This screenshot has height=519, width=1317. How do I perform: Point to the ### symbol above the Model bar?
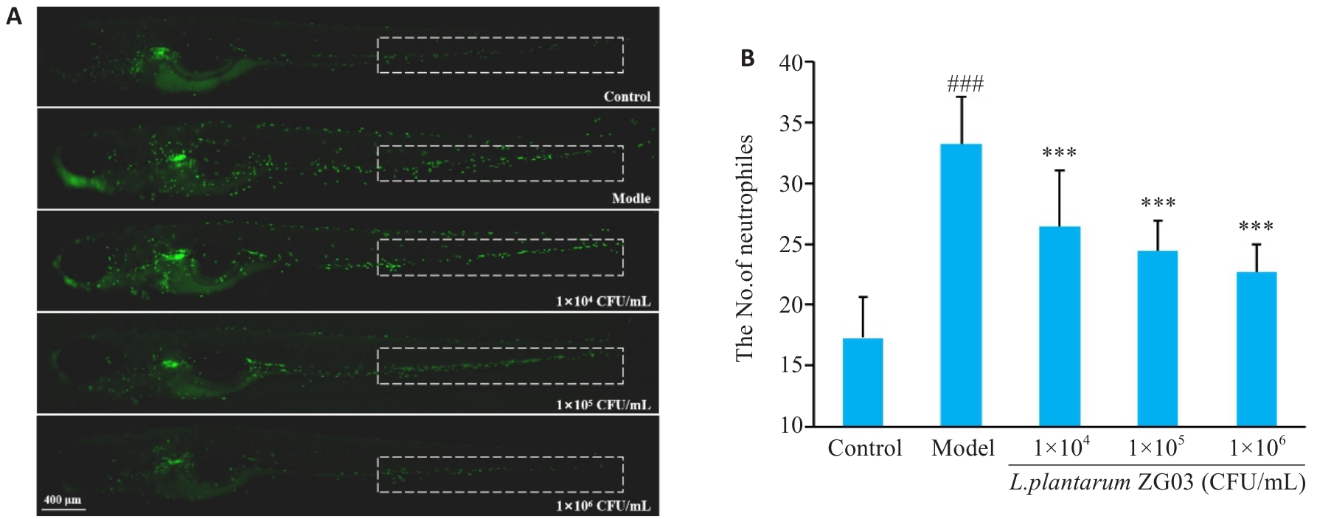(965, 85)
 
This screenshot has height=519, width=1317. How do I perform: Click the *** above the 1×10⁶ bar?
(1256, 227)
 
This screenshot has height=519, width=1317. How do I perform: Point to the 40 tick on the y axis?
(791, 63)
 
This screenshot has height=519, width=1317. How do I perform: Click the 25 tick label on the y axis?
(791, 244)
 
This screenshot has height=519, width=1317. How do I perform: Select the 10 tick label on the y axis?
(791, 426)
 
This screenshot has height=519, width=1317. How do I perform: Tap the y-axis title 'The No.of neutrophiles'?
(745, 248)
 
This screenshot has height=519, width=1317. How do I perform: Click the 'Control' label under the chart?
(864, 448)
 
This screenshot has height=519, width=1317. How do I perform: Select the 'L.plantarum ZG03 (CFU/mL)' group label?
(1156, 484)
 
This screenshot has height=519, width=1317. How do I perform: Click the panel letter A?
(14, 17)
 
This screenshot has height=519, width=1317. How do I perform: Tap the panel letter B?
(747, 58)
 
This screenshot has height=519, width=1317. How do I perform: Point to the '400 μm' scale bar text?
(62, 500)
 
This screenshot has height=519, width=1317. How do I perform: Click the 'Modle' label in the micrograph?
(630, 198)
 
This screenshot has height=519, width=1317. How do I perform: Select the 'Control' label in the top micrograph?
(627, 97)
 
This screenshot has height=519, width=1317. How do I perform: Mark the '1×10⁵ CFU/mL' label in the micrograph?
(603, 405)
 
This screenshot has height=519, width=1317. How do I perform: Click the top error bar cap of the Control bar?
(862, 297)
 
